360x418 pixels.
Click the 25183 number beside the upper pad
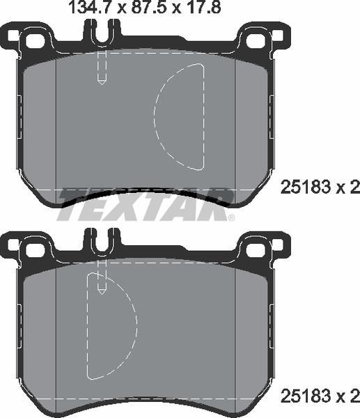coord(304,187)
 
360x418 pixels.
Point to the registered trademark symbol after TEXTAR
coord(232,217)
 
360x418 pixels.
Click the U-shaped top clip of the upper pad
coord(102,32)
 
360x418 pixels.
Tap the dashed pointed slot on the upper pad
coord(102,70)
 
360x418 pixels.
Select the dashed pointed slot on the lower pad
coord(102,279)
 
